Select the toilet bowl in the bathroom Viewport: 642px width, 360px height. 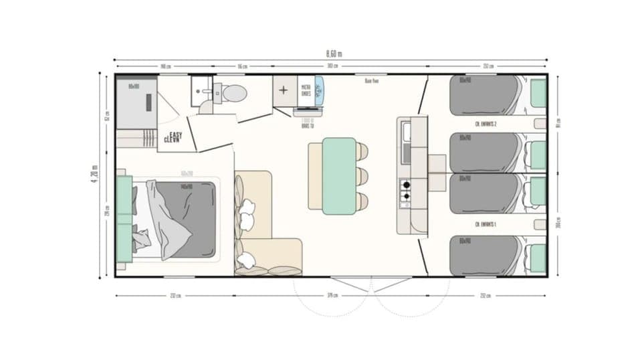pyautogui.click(x=233, y=93)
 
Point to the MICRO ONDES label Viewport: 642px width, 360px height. pyautogui.click(x=306, y=90)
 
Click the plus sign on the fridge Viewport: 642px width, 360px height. pyautogui.click(x=284, y=90)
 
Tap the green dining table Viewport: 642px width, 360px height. pyautogui.click(x=339, y=175)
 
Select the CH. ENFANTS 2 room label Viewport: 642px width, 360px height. pyautogui.click(x=485, y=124)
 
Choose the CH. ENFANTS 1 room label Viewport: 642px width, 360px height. pyautogui.click(x=485, y=223)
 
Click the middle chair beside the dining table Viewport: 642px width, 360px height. pyautogui.click(x=362, y=176)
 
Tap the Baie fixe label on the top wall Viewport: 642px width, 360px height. pyautogui.click(x=372, y=81)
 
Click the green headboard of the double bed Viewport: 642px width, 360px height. pyautogui.click(x=124, y=219)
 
